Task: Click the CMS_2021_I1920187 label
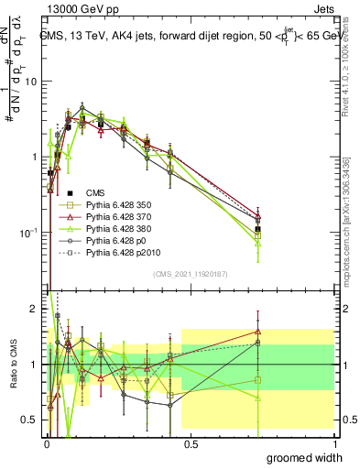190,274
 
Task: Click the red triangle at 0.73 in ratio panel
258,332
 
